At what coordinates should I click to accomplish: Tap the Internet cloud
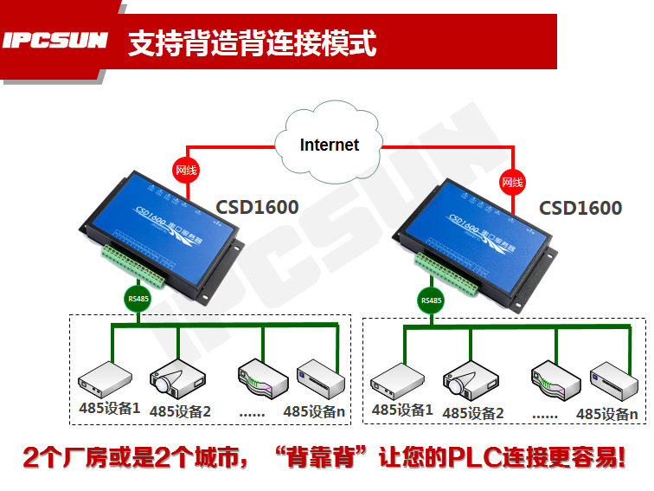pos(329,144)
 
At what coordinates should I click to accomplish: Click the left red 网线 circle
pos(186,170)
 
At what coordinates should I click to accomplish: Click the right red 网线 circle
pos(512,182)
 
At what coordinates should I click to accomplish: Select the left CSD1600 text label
pos(257,207)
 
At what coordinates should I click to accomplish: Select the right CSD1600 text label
pos(580,208)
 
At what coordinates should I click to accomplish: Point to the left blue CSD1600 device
pos(164,227)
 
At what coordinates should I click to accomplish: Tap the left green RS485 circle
pos(138,299)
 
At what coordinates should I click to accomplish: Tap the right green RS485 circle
pos(430,300)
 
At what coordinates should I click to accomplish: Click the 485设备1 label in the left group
pos(108,408)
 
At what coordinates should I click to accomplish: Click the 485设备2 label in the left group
pos(180,410)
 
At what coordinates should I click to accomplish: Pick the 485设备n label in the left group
pos(315,411)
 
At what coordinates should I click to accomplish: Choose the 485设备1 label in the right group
pos(401,410)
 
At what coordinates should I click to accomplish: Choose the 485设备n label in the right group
pos(607,414)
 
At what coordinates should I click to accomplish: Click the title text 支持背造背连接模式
pos(252,42)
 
